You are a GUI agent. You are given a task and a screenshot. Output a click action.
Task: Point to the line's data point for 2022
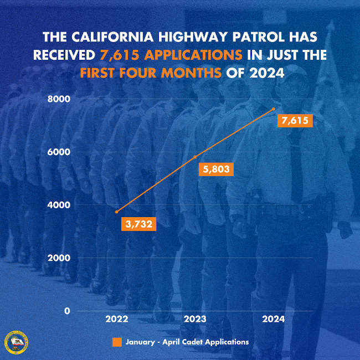pyautogui.click(x=116, y=212)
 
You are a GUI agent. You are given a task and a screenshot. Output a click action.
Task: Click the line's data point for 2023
pyautogui.click(x=195, y=157)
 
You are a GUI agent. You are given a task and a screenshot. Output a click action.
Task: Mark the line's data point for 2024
pyautogui.click(x=274, y=109)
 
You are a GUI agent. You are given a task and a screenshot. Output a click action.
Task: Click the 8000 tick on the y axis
pyautogui.click(x=59, y=99)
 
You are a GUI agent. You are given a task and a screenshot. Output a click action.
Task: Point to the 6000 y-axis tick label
pyautogui.click(x=59, y=152)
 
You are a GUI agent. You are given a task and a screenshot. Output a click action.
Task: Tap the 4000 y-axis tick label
pyautogui.click(x=59, y=205)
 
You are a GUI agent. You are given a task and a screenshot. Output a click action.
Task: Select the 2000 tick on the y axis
pyautogui.click(x=59, y=258)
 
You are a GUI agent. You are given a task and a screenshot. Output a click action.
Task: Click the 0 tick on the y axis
pyautogui.click(x=66, y=311)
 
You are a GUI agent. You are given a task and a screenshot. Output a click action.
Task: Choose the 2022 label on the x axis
pyautogui.click(x=116, y=320)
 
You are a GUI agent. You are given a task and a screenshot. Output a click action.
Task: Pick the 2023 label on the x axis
pyautogui.click(x=195, y=320)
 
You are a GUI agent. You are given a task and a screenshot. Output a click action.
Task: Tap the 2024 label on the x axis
pyautogui.click(x=274, y=320)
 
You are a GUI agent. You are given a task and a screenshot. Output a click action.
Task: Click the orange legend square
pyautogui.click(x=117, y=342)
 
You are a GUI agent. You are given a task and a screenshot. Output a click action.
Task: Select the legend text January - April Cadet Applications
pyautogui.click(x=187, y=342)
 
